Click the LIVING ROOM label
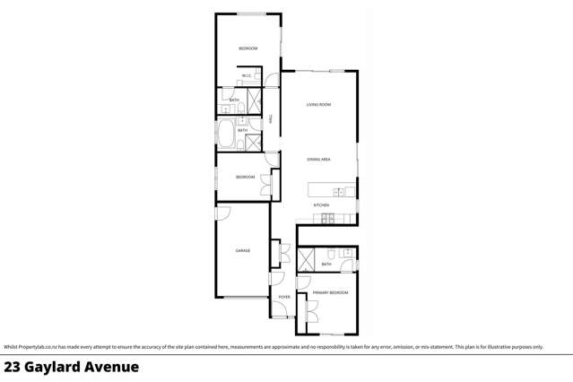pos(318,105)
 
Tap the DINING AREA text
pos(318,159)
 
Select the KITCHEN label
pos(321,205)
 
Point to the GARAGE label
pos(242,250)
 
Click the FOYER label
pos(283,297)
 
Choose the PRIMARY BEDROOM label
pos(330,293)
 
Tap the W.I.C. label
pos(247,76)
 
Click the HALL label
pos(271,118)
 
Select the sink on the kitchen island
pos(339,191)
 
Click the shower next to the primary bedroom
pos(307,260)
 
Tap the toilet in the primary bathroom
pos(331,252)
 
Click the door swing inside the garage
pos(223,213)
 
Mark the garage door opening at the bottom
pos(242,297)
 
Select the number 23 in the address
pos(13,367)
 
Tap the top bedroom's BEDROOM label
pos(247,48)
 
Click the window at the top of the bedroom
pos(249,13)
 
